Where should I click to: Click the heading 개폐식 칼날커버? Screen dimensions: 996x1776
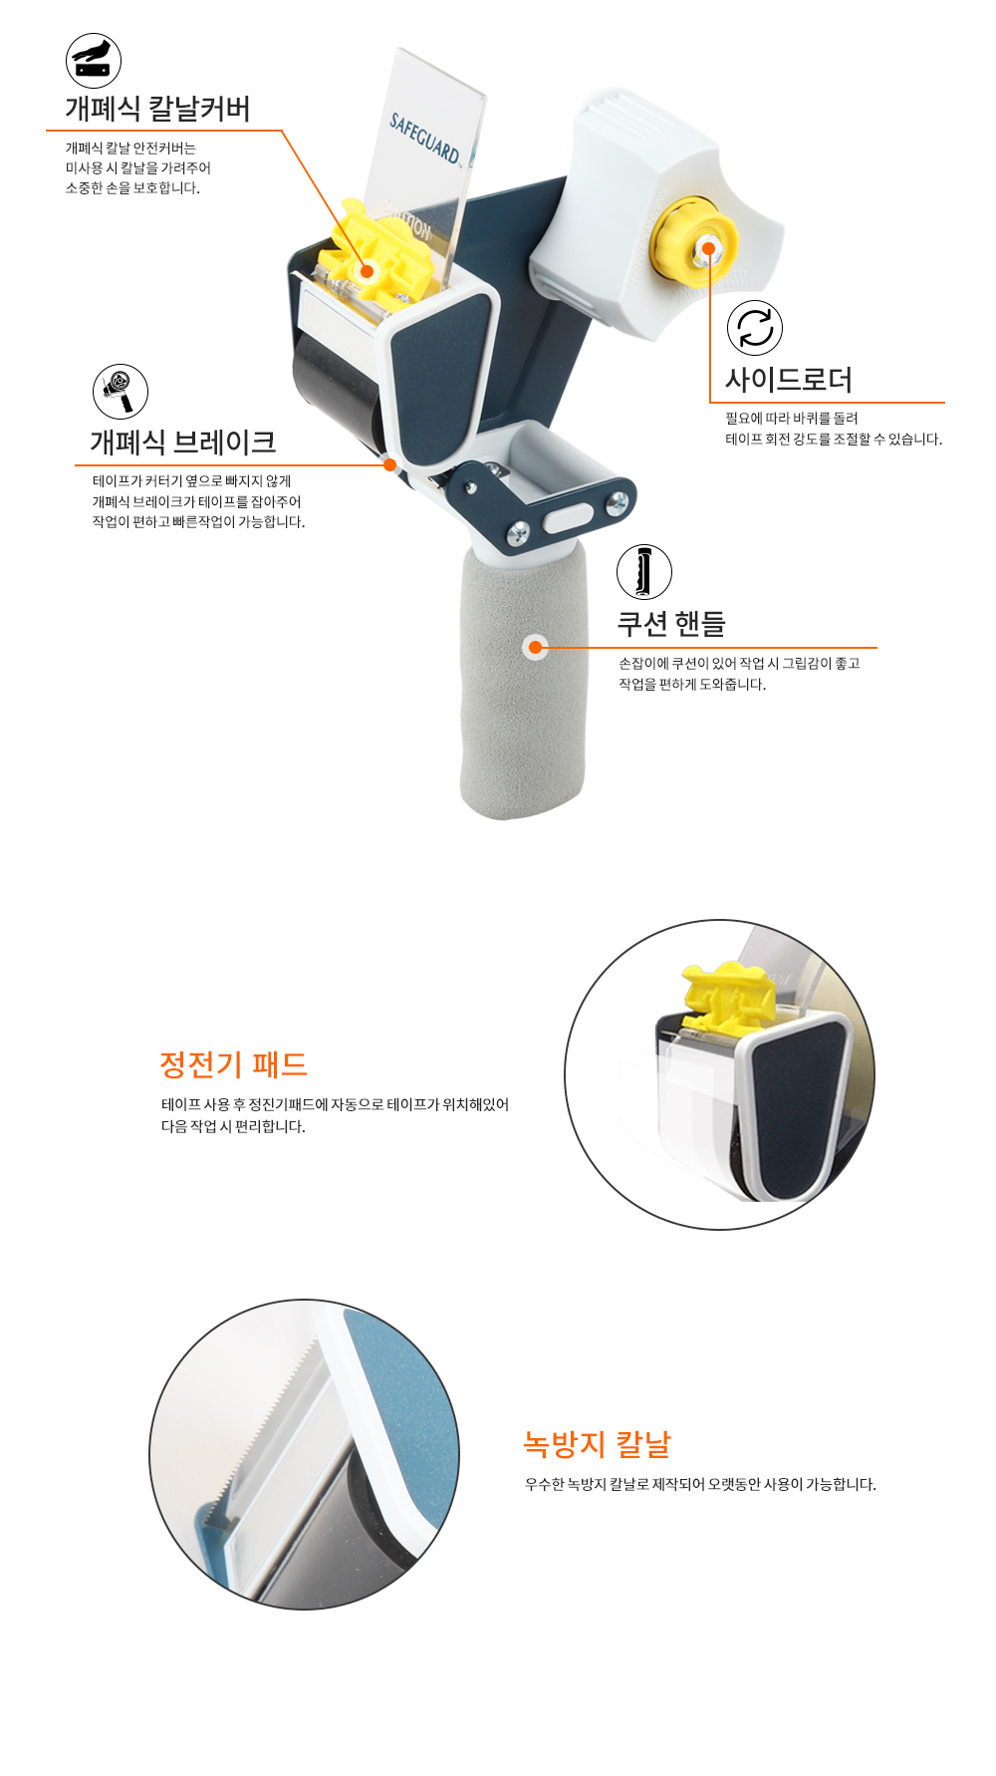(157, 109)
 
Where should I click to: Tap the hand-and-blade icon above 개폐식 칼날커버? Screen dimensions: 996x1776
(94, 61)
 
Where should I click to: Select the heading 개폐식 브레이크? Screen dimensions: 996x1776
(183, 442)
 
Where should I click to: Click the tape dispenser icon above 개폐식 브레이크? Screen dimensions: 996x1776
(121, 392)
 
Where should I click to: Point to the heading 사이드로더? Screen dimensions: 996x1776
(789, 380)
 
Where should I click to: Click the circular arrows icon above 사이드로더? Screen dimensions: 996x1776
(755, 328)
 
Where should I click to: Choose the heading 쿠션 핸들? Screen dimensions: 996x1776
(671, 624)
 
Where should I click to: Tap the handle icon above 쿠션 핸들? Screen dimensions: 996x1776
(644, 572)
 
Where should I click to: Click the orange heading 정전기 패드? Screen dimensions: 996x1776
(233, 1064)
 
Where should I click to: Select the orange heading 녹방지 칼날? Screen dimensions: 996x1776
(598, 1444)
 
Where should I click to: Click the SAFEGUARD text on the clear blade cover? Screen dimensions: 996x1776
(425, 139)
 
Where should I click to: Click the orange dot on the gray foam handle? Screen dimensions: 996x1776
(535, 648)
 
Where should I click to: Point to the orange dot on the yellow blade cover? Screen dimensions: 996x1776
(368, 271)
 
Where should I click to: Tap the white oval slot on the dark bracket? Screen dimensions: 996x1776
(569, 517)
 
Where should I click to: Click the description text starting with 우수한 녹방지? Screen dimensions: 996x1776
(700, 1484)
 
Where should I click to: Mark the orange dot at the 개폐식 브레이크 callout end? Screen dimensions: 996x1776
(389, 464)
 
